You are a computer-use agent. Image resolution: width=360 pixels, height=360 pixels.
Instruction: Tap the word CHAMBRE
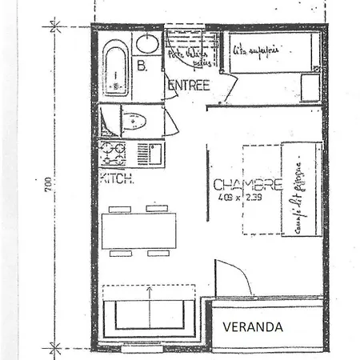[246, 184]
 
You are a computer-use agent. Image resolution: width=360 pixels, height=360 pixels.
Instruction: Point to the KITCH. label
[117, 180]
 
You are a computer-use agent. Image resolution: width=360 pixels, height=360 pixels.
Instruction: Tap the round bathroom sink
[146, 43]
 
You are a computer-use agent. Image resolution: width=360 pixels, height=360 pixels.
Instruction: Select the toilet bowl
[134, 122]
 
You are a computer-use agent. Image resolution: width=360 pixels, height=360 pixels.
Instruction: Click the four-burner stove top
[113, 151]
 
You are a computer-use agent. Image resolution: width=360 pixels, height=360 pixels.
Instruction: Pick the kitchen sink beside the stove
[146, 151]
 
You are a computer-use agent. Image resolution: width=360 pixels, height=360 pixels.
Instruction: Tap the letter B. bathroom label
[142, 68]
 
